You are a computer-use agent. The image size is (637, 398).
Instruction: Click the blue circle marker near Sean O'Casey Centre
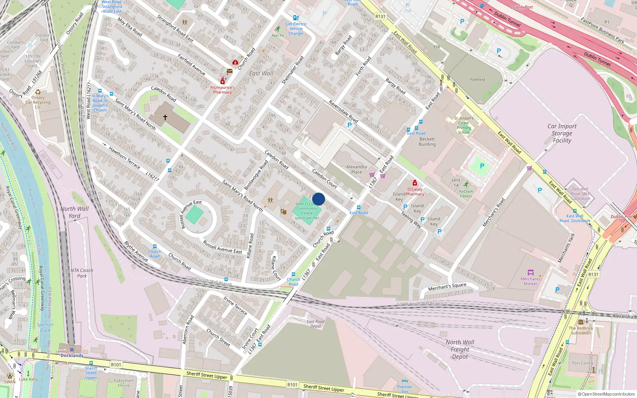pyautogui.click(x=318, y=199)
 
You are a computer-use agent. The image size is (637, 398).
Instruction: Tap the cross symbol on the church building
pyautogui.click(x=165, y=117)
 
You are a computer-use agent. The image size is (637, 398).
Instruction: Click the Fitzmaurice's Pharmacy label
pyautogui.click(x=222, y=90)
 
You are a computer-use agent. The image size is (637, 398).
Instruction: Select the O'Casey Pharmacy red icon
pyautogui.click(x=414, y=183)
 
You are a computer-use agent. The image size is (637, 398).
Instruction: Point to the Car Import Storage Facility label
pyautogui.click(x=562, y=133)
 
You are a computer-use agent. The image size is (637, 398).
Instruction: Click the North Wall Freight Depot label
pyautogui.click(x=460, y=349)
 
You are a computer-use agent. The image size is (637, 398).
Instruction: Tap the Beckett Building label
pyautogui.click(x=427, y=142)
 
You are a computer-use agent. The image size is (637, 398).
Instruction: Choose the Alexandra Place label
pyautogui.click(x=356, y=170)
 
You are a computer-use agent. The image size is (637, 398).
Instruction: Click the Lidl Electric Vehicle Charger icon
pyautogui.click(x=296, y=18)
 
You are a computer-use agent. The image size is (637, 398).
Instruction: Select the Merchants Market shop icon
pyautogui.click(x=530, y=273)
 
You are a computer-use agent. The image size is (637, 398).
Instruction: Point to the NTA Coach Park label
pyautogui.click(x=82, y=273)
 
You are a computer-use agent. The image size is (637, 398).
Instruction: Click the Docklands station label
pyautogui.click(x=72, y=355)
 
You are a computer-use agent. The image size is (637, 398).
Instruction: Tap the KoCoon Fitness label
pyautogui.click(x=466, y=193)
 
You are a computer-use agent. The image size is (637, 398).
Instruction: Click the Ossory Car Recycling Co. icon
pyautogui.click(x=38, y=92)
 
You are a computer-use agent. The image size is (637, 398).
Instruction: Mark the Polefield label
pyautogui.click(x=477, y=80)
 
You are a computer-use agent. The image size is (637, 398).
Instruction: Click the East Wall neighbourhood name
pyautogui.click(x=261, y=74)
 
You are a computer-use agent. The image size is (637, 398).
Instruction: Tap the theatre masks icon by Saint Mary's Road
pyautogui.click(x=283, y=211)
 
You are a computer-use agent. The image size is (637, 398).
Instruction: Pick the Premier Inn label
pyautogui.click(x=404, y=389)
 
